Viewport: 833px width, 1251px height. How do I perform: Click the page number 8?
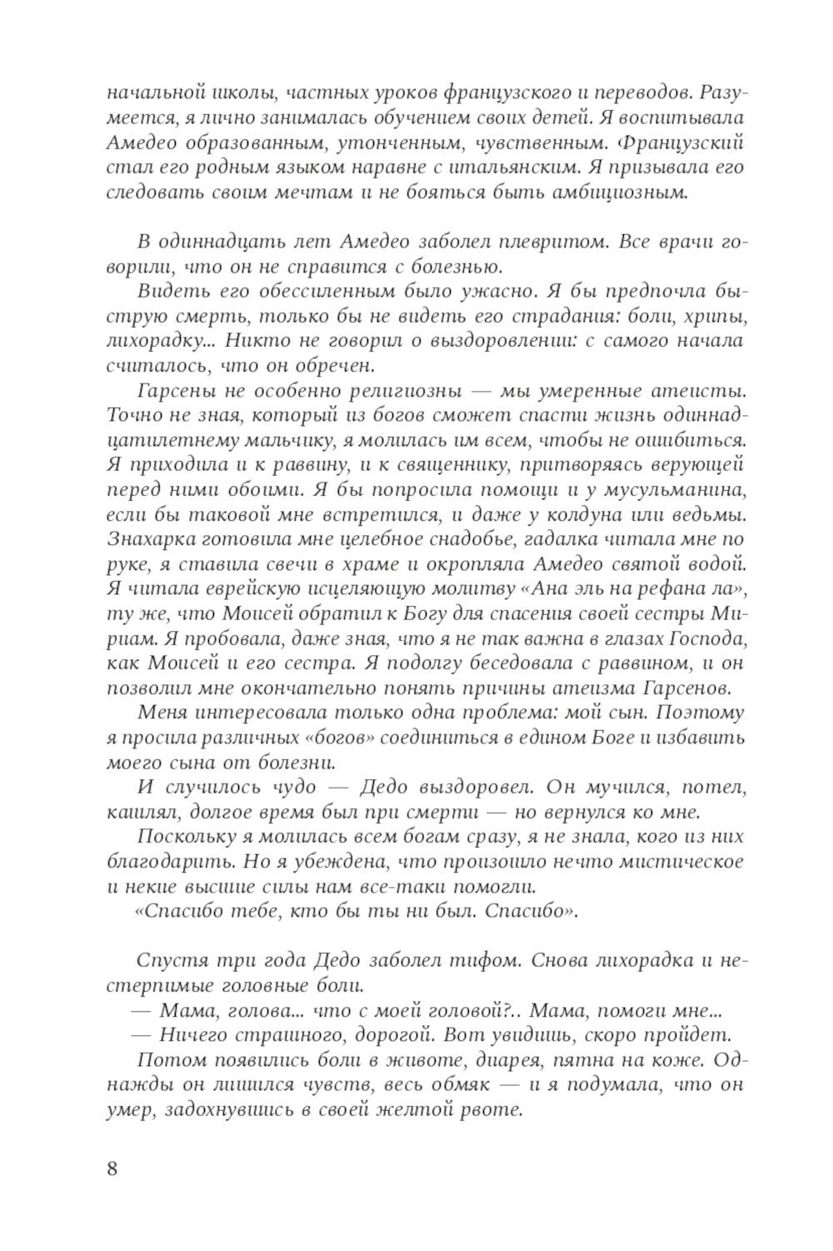click(112, 1168)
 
